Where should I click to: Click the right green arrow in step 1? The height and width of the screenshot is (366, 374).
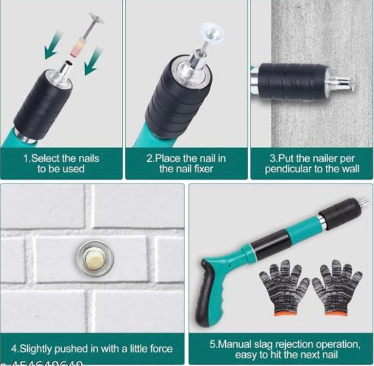tap(93, 60)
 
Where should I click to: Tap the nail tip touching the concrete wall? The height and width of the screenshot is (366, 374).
tap(353, 83)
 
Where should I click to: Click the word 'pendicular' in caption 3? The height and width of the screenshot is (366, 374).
tap(287, 169)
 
